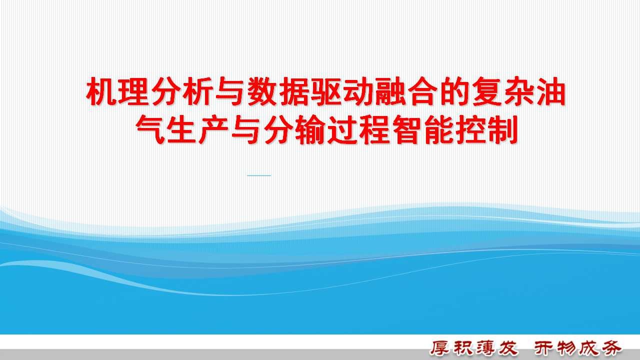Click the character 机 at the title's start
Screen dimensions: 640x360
point(101,91)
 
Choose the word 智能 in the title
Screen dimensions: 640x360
point(423,129)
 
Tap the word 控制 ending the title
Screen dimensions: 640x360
point(487,129)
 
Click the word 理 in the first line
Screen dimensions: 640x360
point(133,91)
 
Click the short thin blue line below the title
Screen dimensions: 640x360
point(259,175)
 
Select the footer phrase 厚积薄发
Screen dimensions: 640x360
point(474,348)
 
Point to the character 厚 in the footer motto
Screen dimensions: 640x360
point(440,348)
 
